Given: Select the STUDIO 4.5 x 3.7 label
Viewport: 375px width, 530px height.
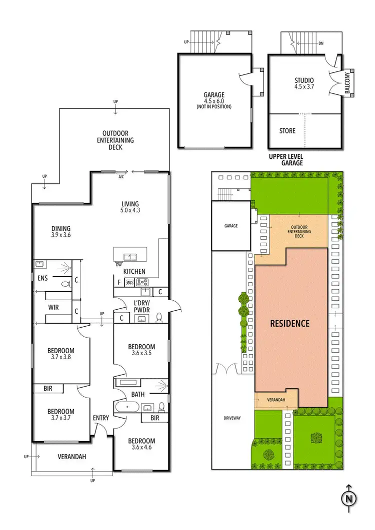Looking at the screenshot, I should tap(304, 83).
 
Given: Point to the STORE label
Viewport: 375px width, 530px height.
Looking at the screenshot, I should tap(287, 131).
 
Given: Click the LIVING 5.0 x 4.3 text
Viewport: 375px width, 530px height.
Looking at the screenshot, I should tap(130, 207).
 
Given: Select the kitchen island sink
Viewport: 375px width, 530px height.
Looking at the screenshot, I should tap(131, 257).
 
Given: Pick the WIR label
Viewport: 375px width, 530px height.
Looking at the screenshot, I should tap(53, 307).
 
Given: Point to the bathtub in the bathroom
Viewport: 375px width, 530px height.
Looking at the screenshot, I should tap(127, 407).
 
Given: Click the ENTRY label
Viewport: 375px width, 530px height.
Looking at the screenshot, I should tap(101, 418).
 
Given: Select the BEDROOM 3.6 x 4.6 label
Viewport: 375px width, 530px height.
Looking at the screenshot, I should tap(141, 445).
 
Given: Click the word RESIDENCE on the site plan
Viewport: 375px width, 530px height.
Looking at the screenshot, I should tap(290, 323).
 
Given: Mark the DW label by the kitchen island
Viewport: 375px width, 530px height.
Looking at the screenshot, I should tap(118, 265).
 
